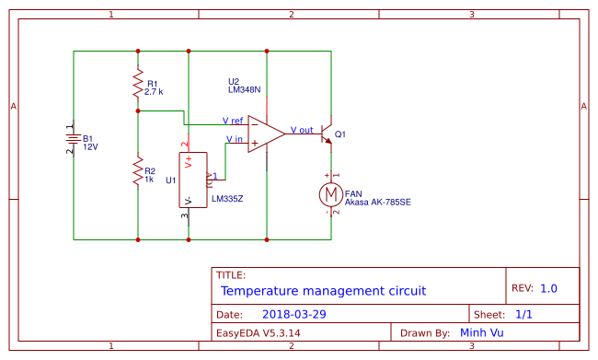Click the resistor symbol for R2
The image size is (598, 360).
(x=138, y=171)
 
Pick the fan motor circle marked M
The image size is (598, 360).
(x=330, y=194)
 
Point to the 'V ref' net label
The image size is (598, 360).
(x=233, y=121)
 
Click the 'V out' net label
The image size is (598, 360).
(x=302, y=130)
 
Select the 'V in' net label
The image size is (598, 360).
(x=235, y=140)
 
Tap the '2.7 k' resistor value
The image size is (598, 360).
(x=154, y=92)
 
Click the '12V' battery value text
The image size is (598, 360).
(x=90, y=146)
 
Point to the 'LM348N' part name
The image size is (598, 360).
(x=244, y=90)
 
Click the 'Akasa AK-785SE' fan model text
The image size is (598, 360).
(x=377, y=201)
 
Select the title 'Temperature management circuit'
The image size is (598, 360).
(x=323, y=291)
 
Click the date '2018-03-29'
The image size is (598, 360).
(x=287, y=314)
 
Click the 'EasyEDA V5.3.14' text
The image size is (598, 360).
(x=258, y=332)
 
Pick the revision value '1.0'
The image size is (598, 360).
(x=548, y=288)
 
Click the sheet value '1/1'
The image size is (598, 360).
(x=524, y=314)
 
